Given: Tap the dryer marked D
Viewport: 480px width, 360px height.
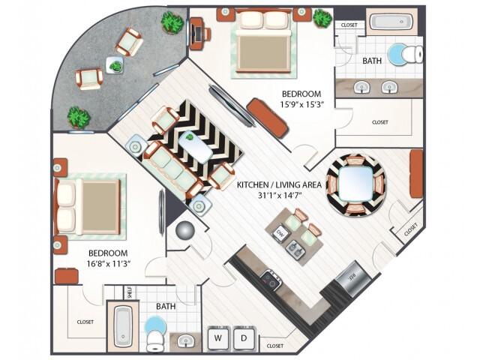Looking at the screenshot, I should tap(244, 339).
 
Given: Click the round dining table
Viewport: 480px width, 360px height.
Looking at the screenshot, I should tap(357, 184).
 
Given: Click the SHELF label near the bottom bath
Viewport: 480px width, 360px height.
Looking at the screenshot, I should tap(130, 292).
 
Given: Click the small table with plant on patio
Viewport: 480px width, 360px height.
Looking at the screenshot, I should tap(115, 66).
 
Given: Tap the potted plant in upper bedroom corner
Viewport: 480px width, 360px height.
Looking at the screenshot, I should tap(322, 18).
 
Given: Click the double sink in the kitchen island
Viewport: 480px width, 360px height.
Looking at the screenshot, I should tap(297, 247).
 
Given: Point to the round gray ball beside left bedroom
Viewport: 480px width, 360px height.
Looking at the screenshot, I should tap(184, 231).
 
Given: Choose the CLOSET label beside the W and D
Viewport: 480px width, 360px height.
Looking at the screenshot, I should tap(275, 346).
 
